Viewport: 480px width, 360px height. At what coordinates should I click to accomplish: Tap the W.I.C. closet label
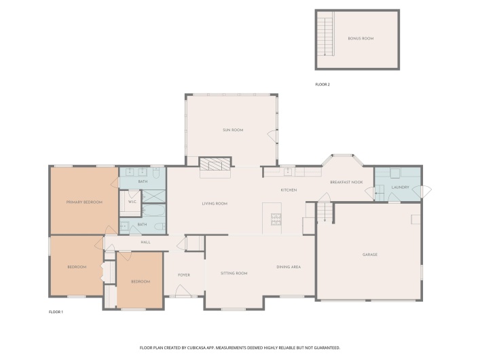[132, 202]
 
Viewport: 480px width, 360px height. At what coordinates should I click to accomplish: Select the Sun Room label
[233, 130]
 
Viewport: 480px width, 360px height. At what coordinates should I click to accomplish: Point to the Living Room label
[214, 204]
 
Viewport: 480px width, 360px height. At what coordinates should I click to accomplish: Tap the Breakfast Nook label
[346, 182]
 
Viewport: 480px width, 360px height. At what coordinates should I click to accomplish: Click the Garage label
[369, 255]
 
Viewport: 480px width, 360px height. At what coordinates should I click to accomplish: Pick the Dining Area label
[289, 267]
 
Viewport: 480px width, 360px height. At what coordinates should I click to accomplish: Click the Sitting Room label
[234, 273]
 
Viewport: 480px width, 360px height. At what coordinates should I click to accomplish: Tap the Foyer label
[183, 275]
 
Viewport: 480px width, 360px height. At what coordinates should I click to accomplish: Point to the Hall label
[145, 242]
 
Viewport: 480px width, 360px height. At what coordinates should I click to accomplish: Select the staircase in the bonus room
[327, 35]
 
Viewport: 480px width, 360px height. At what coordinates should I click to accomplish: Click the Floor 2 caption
[322, 84]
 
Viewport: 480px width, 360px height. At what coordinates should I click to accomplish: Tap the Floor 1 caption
[56, 312]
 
